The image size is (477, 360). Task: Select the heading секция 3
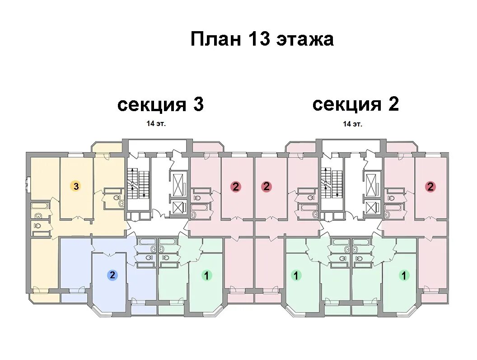[160, 105]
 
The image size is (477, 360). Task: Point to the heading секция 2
[355, 104]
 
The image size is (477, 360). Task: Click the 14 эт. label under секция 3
[156, 123]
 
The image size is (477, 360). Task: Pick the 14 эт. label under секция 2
[352, 123]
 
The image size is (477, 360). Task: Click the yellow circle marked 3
[76, 186]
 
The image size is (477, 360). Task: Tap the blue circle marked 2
[112, 275]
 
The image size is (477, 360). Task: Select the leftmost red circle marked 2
[235, 187]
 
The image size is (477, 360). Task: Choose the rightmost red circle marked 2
[430, 187]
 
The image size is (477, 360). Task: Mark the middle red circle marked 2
[267, 186]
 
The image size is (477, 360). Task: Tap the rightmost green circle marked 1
[404, 275]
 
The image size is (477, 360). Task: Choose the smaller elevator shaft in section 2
[372, 207]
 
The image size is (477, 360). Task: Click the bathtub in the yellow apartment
[39, 206]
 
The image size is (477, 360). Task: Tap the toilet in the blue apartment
[144, 258]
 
